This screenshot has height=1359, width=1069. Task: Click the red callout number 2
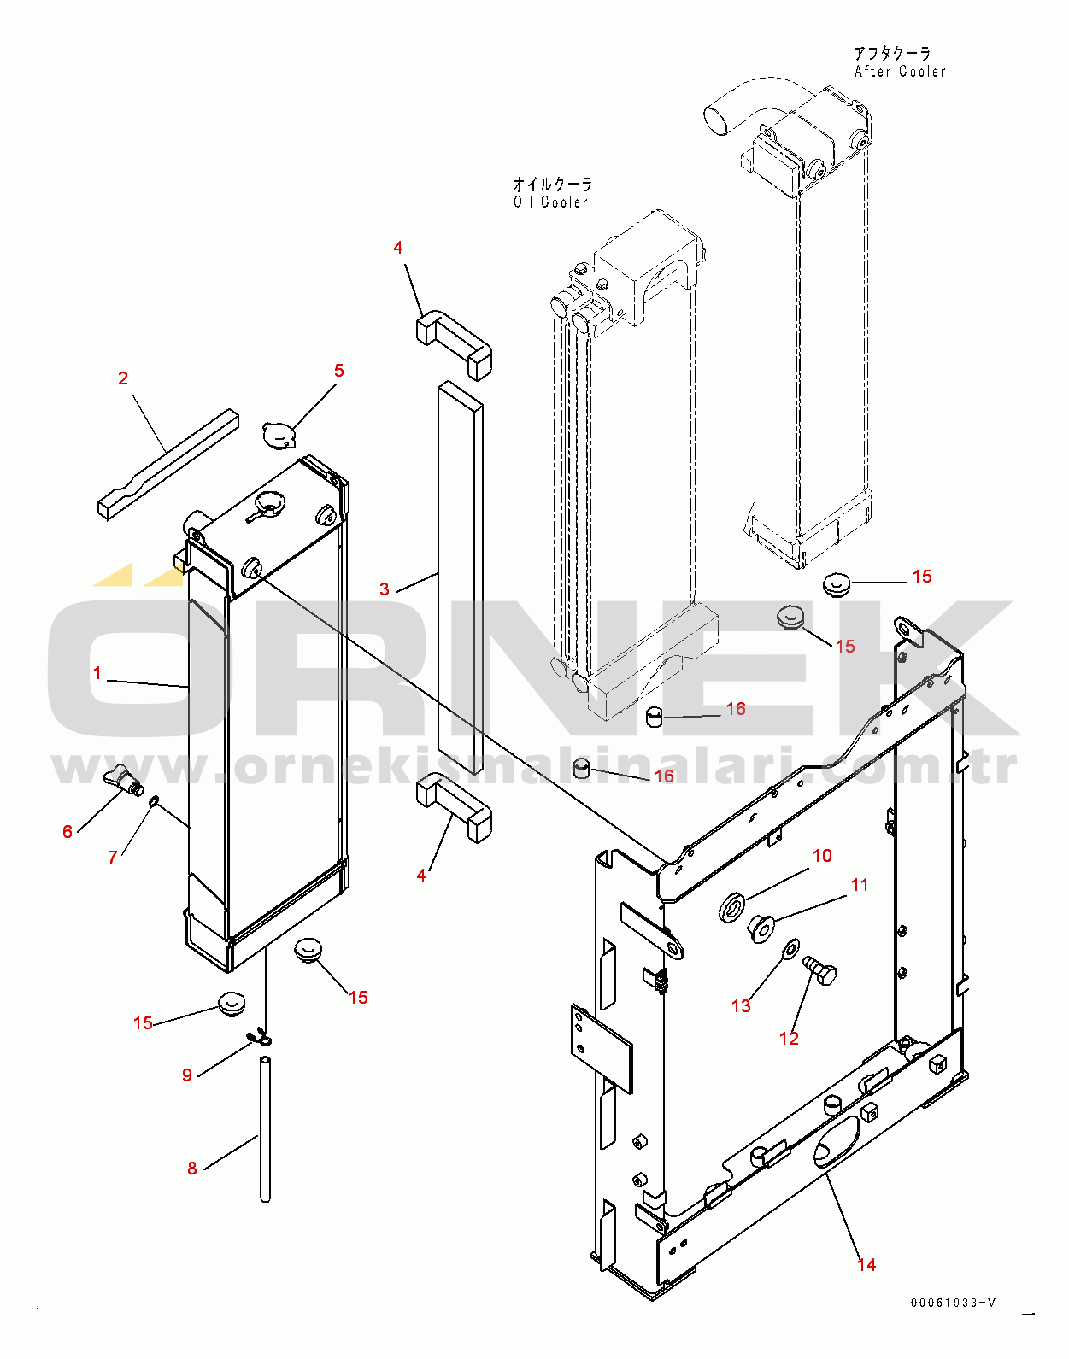(x=123, y=378)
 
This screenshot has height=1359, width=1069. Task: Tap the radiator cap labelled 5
(x=279, y=435)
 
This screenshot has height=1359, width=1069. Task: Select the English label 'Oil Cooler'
(x=550, y=202)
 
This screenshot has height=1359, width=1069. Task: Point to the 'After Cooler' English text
(x=900, y=72)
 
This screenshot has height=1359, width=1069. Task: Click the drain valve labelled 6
(x=123, y=782)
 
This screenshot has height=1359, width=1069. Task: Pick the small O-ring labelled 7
(x=153, y=802)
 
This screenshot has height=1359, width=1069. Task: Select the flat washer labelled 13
(x=790, y=946)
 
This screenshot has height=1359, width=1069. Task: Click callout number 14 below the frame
(x=866, y=1277)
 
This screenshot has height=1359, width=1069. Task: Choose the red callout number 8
(x=192, y=1169)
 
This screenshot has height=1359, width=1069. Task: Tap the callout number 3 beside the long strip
(x=385, y=589)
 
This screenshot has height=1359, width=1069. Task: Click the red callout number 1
(x=97, y=673)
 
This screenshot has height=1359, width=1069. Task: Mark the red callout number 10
(x=822, y=856)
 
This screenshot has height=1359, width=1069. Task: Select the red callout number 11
(x=860, y=885)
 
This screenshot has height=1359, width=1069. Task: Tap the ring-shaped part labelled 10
(x=732, y=906)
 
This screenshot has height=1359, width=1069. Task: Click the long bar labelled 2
(x=168, y=464)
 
